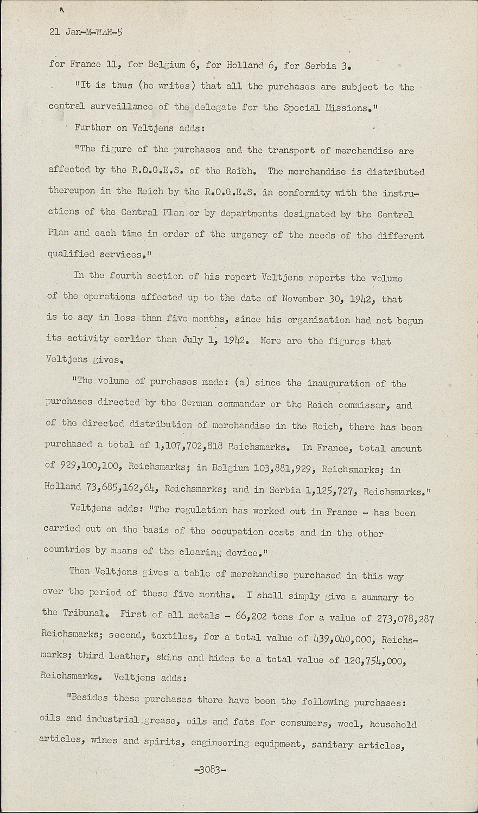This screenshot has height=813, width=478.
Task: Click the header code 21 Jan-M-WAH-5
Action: (86, 32)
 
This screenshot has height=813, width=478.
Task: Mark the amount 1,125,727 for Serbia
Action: (330, 491)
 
